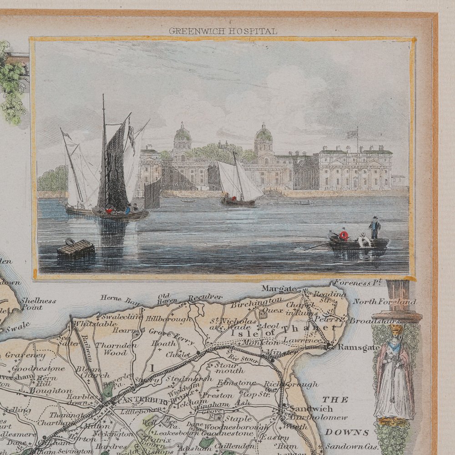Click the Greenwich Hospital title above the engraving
point(222,31)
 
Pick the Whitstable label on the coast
point(91,324)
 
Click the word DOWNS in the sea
point(353,432)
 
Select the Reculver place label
point(205,298)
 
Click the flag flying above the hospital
point(352,134)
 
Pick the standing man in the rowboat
point(374,227)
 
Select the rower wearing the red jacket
point(344,235)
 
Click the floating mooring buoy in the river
point(76,249)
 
